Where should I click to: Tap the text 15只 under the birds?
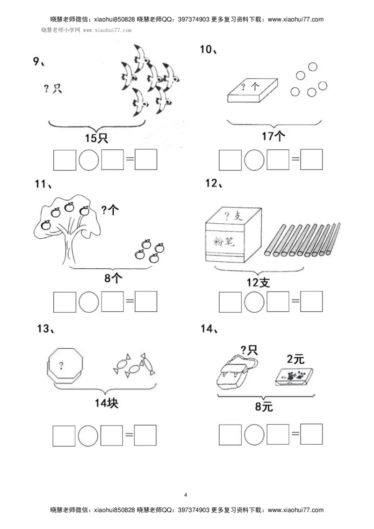point(97,139)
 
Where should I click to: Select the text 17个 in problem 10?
point(273,136)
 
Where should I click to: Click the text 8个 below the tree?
point(113,279)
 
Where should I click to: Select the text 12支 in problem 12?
point(258,283)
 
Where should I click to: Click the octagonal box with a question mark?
point(64,367)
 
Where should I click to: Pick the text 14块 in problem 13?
point(107,403)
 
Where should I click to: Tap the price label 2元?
point(295,359)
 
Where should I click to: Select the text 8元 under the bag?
point(264,407)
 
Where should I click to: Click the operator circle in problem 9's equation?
point(88,160)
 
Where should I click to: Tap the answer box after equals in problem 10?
point(311,160)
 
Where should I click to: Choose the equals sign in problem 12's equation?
point(295,301)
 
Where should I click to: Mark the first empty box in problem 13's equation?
point(64,436)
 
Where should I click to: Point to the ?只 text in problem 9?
point(53,88)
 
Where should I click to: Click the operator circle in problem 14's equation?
point(254,434)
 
